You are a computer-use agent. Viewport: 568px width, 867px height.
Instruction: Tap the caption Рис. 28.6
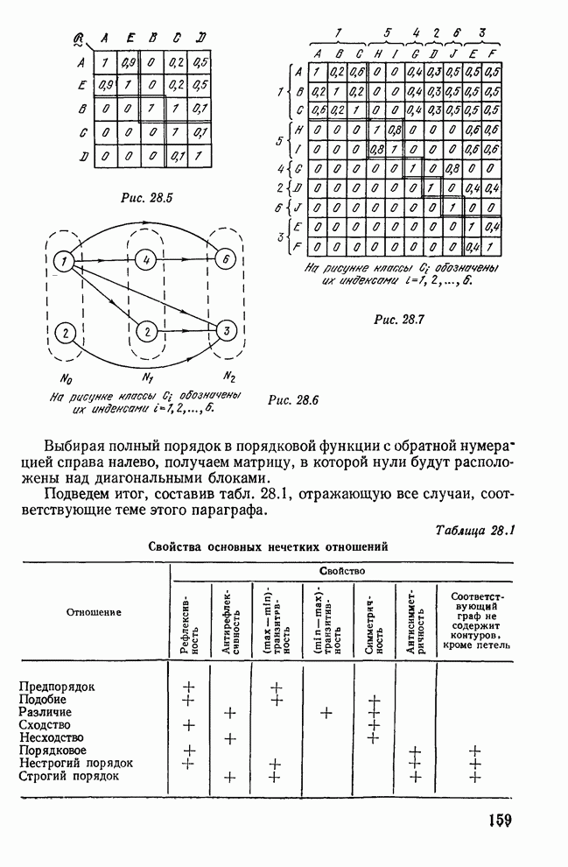click(x=294, y=400)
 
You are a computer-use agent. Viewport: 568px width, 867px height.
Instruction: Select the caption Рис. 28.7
click(x=398, y=319)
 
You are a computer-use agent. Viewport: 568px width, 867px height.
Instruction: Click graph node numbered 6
click(x=224, y=260)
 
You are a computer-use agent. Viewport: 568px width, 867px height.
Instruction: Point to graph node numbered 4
click(x=149, y=260)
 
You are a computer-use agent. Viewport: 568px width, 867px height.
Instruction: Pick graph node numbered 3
click(x=226, y=331)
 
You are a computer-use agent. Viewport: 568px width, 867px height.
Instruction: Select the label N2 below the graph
click(x=229, y=378)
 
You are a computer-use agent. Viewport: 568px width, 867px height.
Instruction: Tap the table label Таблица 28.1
click(x=476, y=529)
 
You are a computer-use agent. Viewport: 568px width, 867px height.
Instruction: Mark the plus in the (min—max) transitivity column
click(x=326, y=713)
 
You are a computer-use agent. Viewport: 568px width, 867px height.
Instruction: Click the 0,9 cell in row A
click(x=128, y=63)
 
